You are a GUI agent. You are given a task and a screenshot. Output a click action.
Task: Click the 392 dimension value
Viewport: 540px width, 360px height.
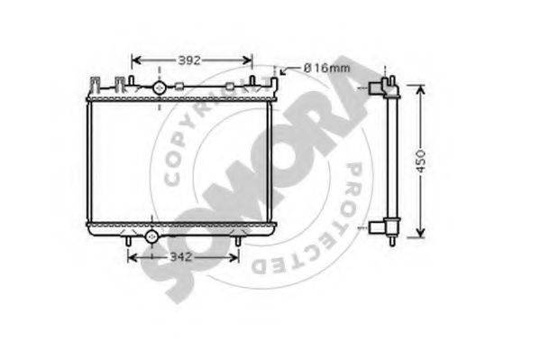coord(189,60)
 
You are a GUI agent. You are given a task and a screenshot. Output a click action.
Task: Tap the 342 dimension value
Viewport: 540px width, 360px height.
coord(181,257)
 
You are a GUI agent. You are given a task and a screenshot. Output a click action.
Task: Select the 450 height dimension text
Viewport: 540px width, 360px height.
coord(420,162)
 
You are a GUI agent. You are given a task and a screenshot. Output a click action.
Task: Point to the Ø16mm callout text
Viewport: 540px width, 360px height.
coord(326,68)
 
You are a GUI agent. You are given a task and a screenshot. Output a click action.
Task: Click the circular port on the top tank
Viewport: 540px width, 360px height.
coord(159,88)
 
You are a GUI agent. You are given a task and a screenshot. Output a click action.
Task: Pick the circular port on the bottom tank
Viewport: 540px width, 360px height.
coord(151,236)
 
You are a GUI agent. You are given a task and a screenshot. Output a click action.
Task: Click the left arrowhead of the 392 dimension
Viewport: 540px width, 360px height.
coord(136,60)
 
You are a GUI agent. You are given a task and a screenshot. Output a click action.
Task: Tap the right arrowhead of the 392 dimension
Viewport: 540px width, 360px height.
coord(248,60)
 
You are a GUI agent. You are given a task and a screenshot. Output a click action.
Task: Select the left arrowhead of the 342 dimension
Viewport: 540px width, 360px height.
coord(133,257)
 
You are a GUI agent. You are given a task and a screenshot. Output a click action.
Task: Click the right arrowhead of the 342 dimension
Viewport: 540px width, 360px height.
coord(233,257)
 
